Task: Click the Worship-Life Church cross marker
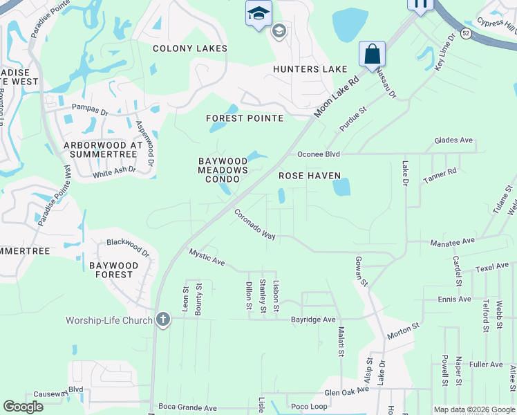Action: click(162, 320)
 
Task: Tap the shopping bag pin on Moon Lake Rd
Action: click(372, 55)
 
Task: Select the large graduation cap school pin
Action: click(259, 14)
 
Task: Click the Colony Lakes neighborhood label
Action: click(189, 48)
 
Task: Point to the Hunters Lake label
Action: click(310, 69)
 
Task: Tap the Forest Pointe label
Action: click(245, 118)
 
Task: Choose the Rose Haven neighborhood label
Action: click(310, 176)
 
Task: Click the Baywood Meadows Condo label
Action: click(223, 169)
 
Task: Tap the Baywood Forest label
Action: click(111, 270)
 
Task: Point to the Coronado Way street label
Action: click(254, 224)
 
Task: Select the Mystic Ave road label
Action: click(207, 257)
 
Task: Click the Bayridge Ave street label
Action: click(312, 320)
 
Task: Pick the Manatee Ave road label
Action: click(452, 241)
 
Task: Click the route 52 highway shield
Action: click(467, 33)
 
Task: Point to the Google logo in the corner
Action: click(23, 407)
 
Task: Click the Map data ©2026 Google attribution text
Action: click(473, 409)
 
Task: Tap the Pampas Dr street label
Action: click(91, 110)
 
